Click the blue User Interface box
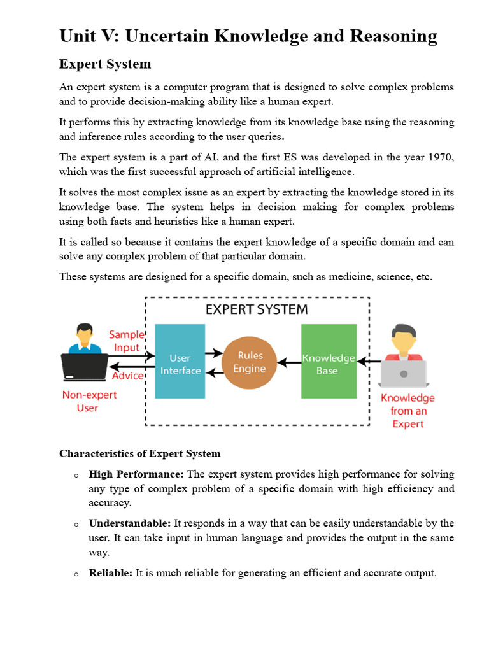(180, 361)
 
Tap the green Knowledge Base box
(328, 361)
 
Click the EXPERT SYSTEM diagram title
(256, 310)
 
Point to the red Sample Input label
(126, 341)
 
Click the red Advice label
(127, 376)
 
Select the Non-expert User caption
(89, 401)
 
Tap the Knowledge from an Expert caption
(407, 411)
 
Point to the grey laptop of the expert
(403, 374)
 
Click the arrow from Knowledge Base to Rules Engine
(290, 362)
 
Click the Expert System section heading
(105, 64)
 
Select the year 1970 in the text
(441, 157)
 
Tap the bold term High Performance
(136, 474)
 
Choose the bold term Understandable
(130, 523)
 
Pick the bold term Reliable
(111, 573)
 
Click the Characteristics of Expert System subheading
(140, 454)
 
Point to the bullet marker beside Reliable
(76, 574)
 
